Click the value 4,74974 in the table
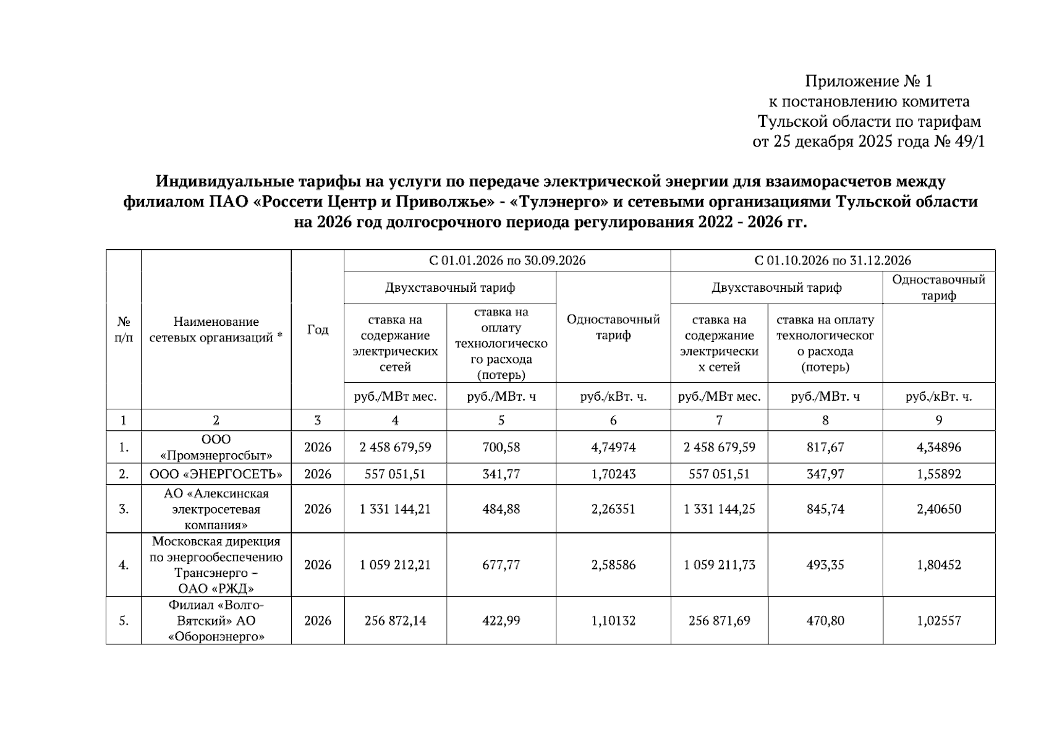coord(613,447)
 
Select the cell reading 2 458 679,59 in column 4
coord(395,447)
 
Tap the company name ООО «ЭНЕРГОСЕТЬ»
coord(216,474)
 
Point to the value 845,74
coord(825,509)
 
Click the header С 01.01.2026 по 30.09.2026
coord(507,260)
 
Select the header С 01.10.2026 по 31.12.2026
coord(833,260)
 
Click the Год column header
coord(317,330)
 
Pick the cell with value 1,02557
coord(938,620)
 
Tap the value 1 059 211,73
coord(719,565)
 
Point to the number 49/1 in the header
coord(968,142)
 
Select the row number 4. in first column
coord(124,565)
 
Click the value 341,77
coord(501,474)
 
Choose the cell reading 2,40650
coord(938,509)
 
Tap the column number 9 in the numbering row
coord(938,420)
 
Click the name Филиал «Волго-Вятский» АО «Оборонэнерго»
coord(216,620)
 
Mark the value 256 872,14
coord(395,620)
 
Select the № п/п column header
coord(124,330)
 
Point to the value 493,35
coord(825,565)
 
